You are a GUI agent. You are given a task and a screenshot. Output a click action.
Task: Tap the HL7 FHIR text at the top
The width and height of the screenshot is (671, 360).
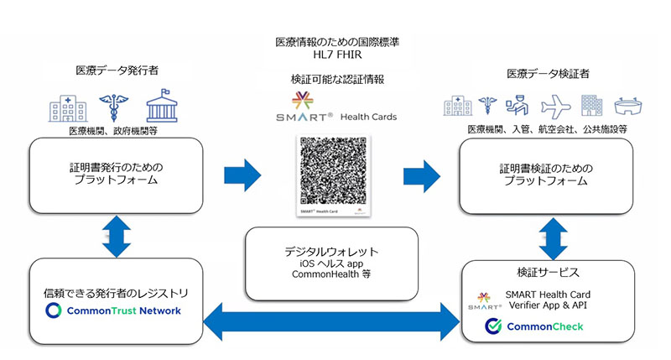[x=335, y=56]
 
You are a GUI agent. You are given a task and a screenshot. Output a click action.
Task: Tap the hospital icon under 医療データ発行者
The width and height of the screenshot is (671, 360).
[x=67, y=107]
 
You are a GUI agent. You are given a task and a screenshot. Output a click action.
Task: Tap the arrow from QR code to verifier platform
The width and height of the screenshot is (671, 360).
[x=422, y=175]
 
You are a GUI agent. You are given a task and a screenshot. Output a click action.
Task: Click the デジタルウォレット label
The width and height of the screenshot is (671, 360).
[x=331, y=249]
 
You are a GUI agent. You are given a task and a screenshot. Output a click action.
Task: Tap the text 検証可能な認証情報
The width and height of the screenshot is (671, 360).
[x=335, y=80]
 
